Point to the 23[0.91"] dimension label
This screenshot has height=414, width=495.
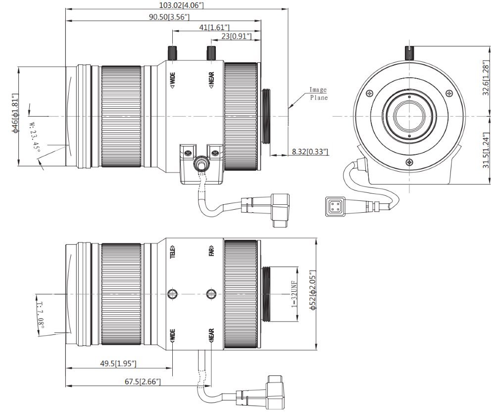point(237,37)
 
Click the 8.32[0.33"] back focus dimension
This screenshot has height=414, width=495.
point(310,152)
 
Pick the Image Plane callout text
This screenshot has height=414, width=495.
point(318,93)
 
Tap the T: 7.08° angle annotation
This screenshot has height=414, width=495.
point(41,315)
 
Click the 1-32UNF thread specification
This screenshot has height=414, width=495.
point(294,295)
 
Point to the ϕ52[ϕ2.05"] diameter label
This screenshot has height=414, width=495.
point(312,290)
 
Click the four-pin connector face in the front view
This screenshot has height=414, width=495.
point(334,206)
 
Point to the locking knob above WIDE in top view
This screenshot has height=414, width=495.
point(172,52)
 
